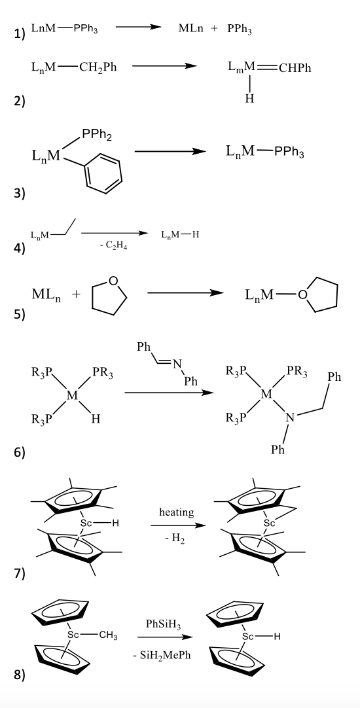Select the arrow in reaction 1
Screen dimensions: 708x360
(x=137, y=27)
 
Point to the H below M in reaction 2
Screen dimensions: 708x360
(x=249, y=99)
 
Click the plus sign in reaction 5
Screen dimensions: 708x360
(x=75, y=294)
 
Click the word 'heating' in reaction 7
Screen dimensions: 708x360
(x=176, y=512)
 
